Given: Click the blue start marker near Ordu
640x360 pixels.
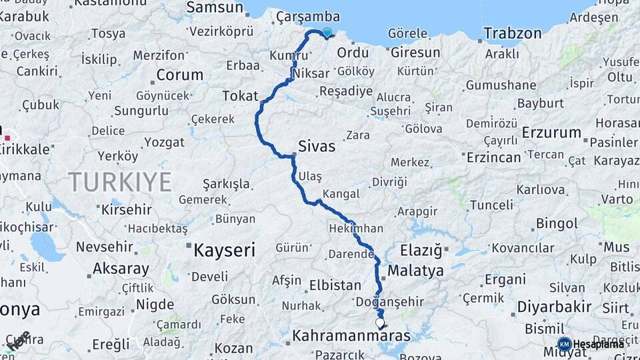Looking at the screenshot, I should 327,32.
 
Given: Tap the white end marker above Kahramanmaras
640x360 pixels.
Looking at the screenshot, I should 380,323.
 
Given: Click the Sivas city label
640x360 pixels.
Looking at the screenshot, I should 316,147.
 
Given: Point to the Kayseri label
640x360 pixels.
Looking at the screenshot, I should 224,251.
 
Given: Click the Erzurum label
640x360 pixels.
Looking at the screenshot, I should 551,132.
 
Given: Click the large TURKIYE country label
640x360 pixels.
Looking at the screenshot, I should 120,181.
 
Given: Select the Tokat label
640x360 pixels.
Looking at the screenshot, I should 240,96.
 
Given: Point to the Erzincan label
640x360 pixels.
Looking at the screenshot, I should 493,157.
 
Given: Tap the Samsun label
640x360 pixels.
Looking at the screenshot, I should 215,8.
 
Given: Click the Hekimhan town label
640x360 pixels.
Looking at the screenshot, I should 356,229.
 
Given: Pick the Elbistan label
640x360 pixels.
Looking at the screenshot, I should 335,285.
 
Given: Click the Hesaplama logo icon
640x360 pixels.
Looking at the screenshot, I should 564,344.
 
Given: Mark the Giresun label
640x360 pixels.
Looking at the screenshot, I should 415,52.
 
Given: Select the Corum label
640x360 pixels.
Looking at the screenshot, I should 179,75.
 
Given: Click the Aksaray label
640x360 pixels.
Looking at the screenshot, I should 121,269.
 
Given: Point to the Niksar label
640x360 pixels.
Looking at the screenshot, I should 311,74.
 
